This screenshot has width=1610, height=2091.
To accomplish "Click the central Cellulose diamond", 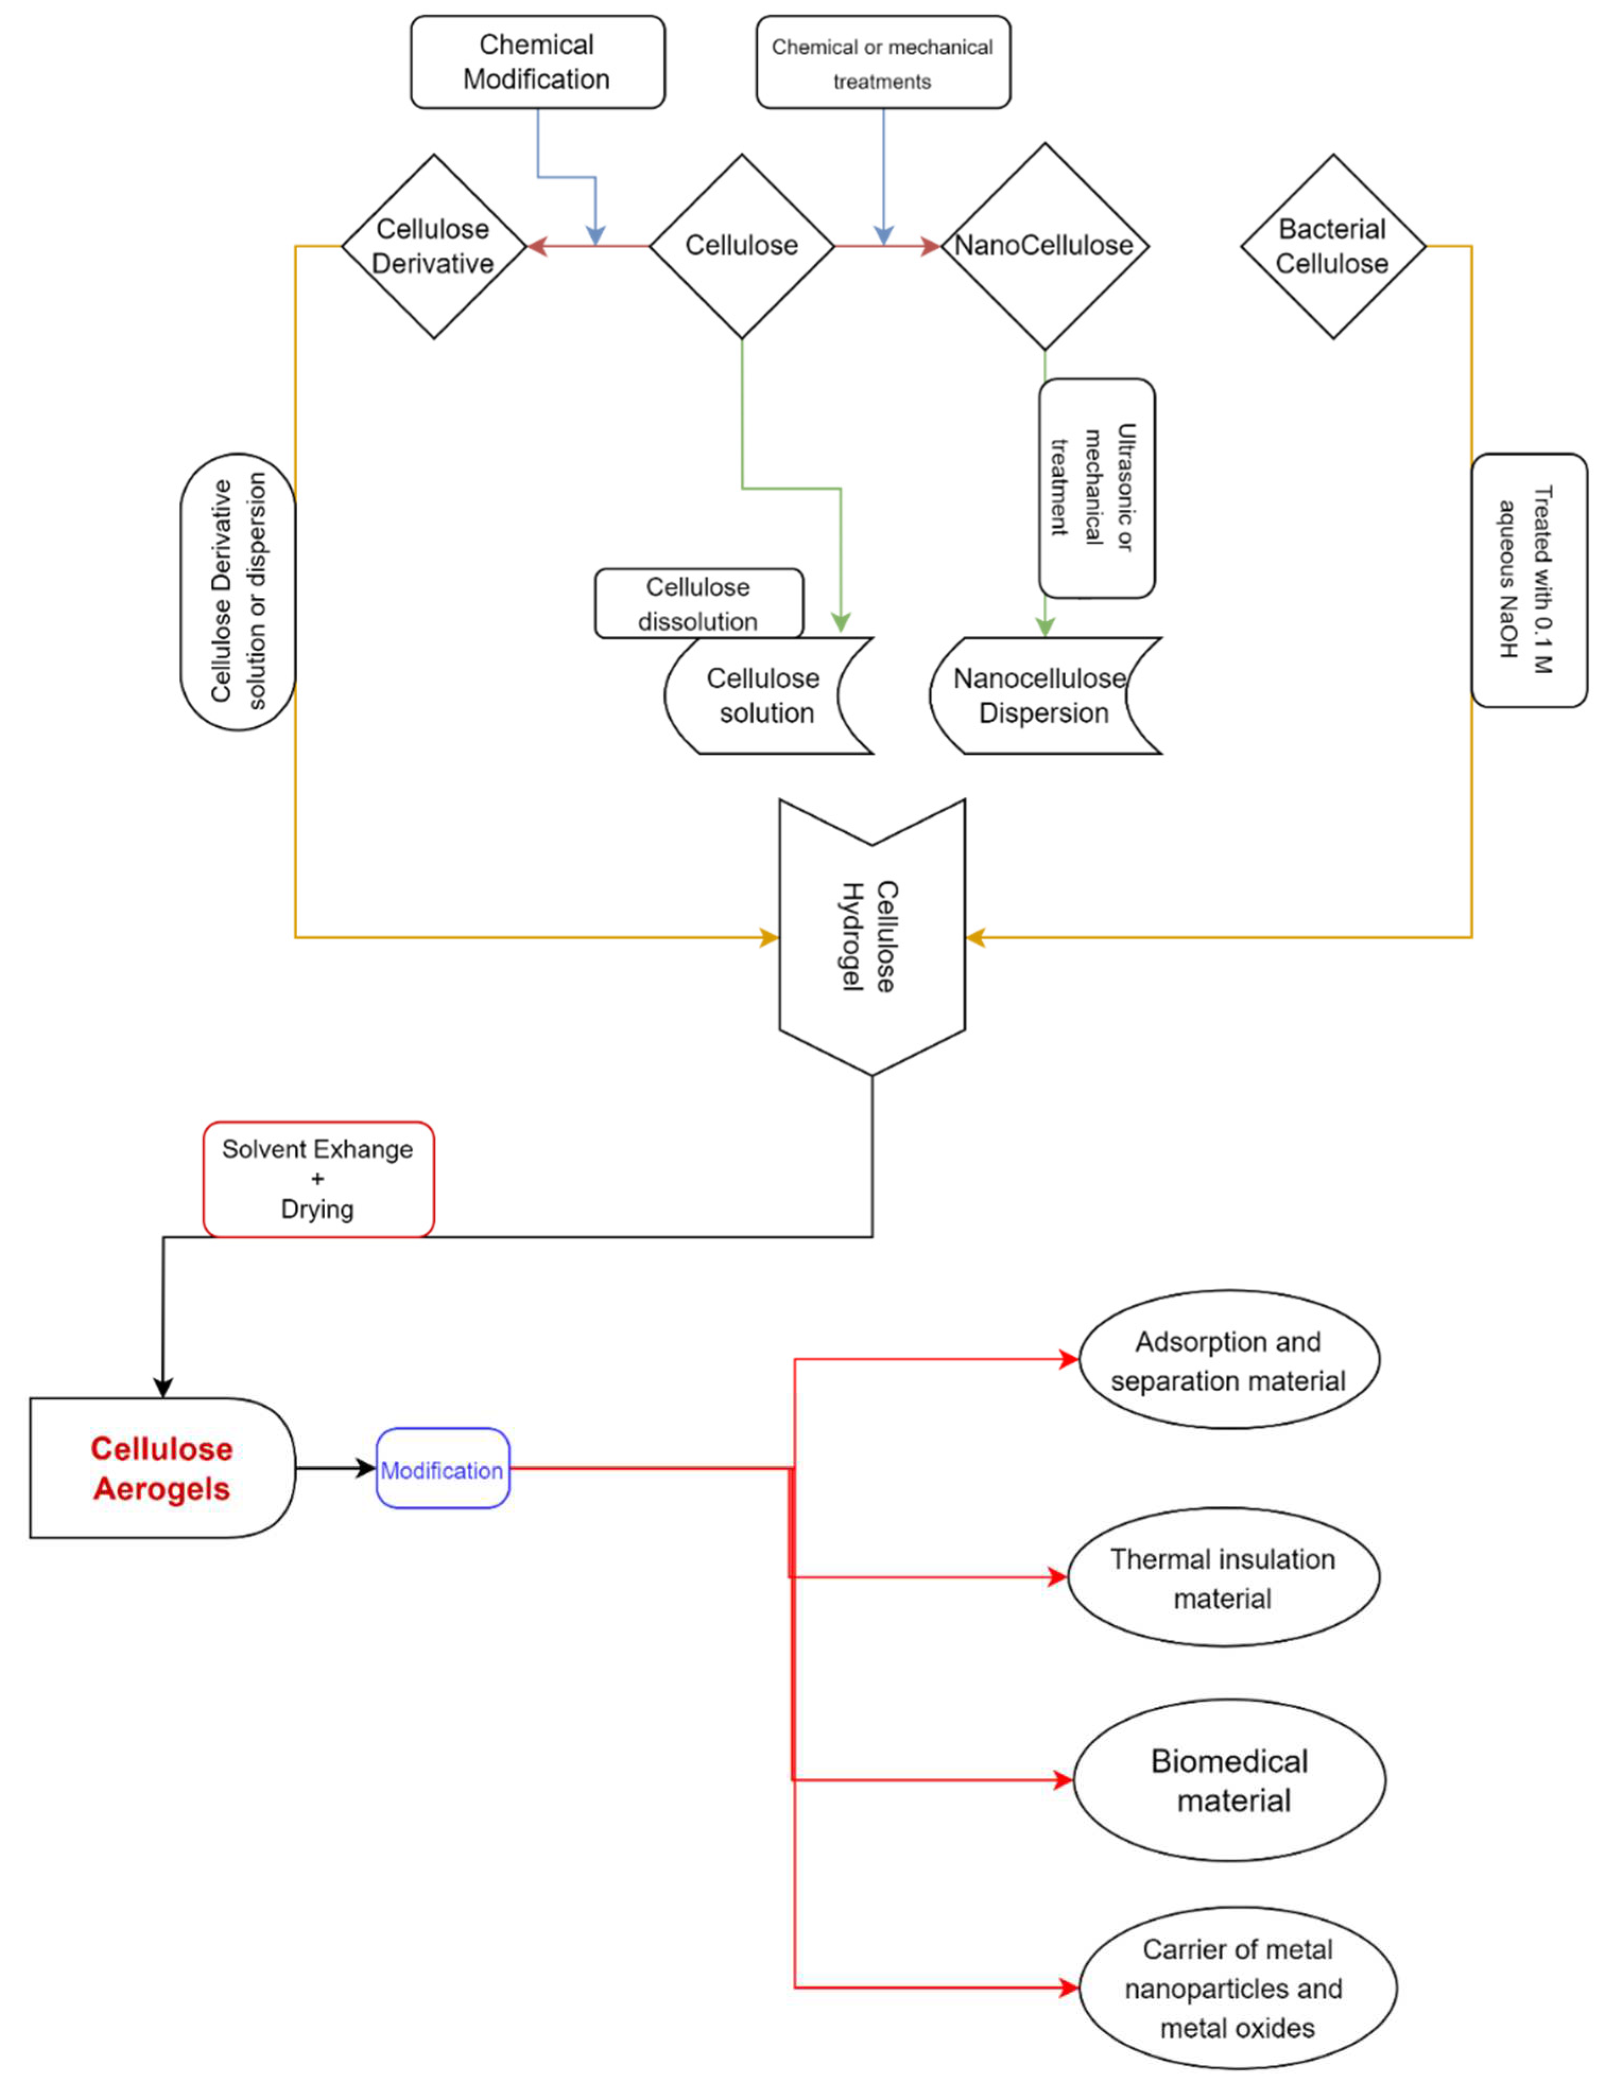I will tap(741, 246).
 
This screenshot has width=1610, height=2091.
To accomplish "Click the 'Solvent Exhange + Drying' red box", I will tap(318, 1179).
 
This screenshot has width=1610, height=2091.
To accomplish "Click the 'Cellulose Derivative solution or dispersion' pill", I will tap(238, 591).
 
